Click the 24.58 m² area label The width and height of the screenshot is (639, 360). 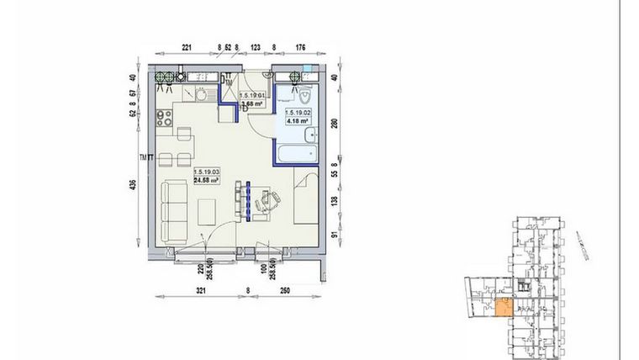[206, 179]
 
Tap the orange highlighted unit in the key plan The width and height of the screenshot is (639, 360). [501, 308]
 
